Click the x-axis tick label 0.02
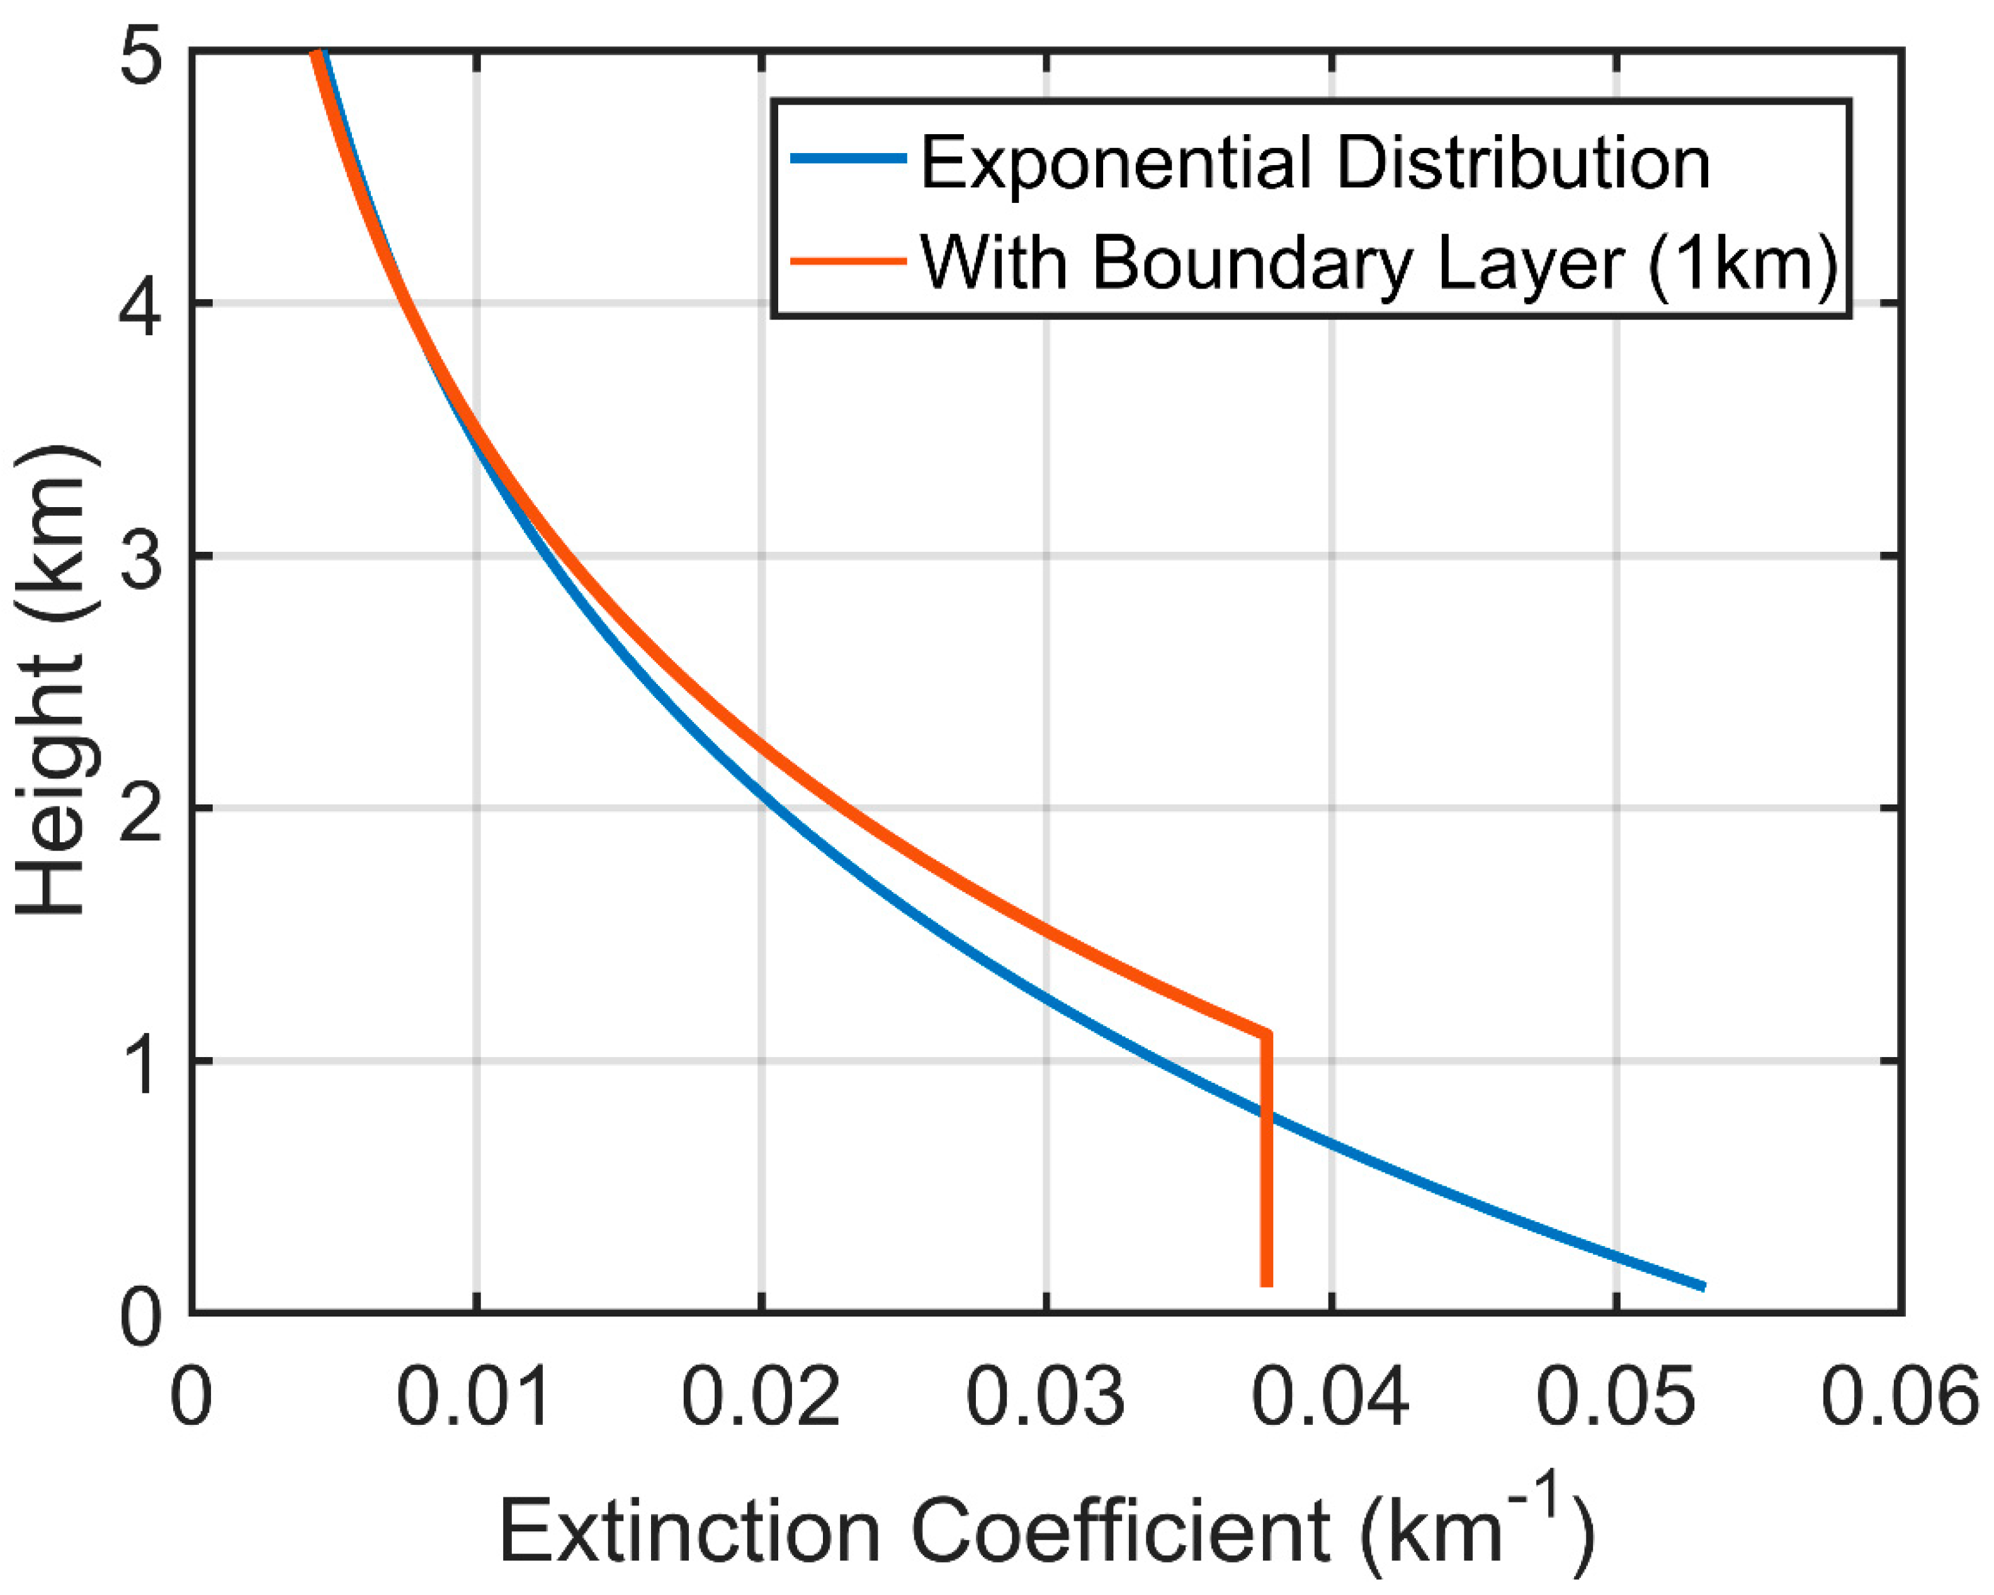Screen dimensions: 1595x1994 click(x=759, y=1397)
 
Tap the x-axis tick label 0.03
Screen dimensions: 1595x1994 click(x=1045, y=1397)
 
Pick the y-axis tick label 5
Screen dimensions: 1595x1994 click(x=140, y=53)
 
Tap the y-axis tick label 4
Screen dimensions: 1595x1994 click(x=140, y=304)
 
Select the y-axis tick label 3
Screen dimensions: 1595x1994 click(x=140, y=556)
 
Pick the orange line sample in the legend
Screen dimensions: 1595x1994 click(x=847, y=261)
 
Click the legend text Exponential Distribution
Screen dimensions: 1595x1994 click(x=1313, y=163)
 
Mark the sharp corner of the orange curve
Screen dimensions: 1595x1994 click(x=1266, y=1034)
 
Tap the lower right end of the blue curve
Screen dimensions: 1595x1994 click(x=1702, y=1286)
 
